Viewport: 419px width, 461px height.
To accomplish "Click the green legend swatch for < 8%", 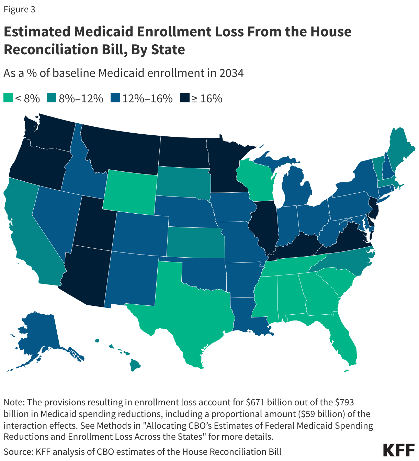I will point(9,98).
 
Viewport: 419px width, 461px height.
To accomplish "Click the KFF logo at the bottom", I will point(398,450).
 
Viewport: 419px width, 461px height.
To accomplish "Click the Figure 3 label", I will point(19,10).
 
